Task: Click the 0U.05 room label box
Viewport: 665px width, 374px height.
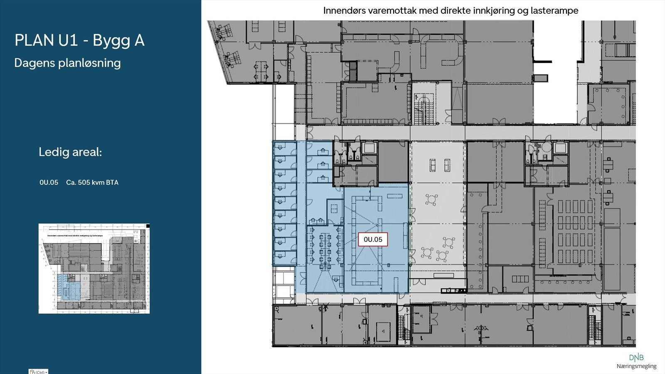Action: point(373,240)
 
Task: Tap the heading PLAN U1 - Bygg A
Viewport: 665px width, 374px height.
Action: point(79,40)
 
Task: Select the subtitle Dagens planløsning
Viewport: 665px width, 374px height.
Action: point(67,63)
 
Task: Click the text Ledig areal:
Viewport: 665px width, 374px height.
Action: point(70,152)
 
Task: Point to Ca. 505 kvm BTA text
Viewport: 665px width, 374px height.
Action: point(92,183)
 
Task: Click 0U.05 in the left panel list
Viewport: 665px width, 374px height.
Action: point(49,183)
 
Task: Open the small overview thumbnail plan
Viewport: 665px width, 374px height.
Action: point(94,269)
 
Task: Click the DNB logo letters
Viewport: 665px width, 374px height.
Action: point(636,357)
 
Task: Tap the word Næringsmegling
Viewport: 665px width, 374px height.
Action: point(636,366)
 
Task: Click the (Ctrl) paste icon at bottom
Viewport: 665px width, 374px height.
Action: point(38,372)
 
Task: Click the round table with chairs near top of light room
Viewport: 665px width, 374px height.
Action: point(431,200)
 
